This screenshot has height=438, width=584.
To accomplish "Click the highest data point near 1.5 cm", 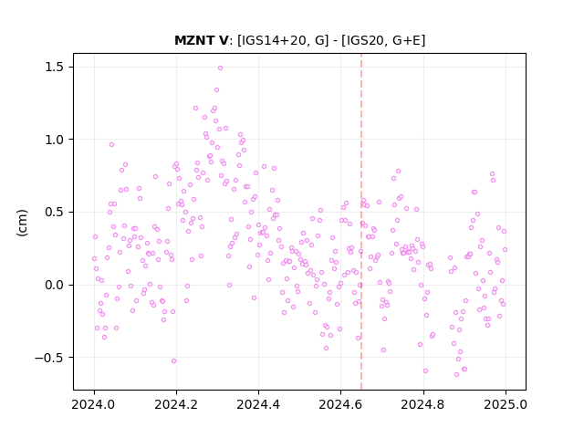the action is pos(221,68).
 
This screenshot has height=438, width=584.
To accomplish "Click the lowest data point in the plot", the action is pos(456,375).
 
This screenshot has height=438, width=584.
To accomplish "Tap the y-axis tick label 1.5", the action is pos(55,67).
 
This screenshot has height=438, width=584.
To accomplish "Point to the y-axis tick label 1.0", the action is pos(55,140).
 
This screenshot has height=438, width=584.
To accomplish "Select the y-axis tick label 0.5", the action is pos(55,213).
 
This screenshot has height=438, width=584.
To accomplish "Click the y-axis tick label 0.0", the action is pos(55,286).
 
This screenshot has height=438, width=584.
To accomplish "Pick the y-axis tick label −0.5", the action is pos(49,358).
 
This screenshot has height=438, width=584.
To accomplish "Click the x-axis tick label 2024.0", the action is pos(94,404).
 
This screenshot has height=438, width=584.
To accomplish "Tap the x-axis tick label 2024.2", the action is pos(176,404).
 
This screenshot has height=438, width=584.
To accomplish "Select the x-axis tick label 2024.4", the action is pos(258,404).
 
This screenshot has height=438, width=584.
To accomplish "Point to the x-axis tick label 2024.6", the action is pos(340,404).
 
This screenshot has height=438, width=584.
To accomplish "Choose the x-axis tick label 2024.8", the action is pos(423,404).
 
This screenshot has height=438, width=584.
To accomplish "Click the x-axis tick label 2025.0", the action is pos(506,404).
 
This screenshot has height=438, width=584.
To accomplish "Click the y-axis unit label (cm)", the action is pos(22,223).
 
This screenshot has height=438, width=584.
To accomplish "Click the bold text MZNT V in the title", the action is pos(201,40).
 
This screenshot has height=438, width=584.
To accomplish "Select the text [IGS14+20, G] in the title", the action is pos(283,40).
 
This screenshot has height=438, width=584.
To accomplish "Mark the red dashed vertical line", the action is pos(361,222).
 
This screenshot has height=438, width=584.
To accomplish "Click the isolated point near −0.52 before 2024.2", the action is pos(174,361).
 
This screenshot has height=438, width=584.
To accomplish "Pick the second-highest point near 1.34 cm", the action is pos(217,90).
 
